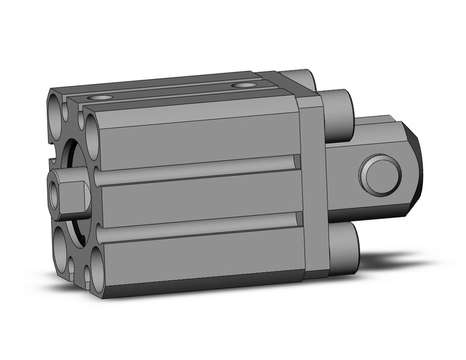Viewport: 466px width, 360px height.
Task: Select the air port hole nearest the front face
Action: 101,98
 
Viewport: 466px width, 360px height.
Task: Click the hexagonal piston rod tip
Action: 67,196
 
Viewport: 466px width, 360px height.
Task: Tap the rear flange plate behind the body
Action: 311,184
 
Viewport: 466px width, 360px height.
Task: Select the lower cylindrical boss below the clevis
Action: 343,245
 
